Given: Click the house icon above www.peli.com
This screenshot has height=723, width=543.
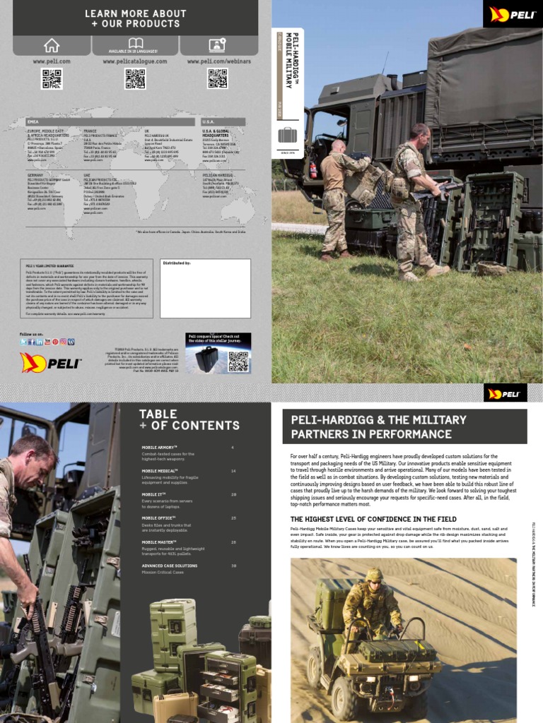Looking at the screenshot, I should click(52, 45).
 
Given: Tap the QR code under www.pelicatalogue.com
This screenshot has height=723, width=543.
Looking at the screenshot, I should click(134, 79).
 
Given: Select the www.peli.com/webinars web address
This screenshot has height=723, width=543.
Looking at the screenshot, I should click(217, 61).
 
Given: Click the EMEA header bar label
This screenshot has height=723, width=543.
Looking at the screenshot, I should click(33, 121).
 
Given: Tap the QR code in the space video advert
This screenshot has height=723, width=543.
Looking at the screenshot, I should click(238, 361).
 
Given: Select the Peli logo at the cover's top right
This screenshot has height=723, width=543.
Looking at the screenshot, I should click(512, 14).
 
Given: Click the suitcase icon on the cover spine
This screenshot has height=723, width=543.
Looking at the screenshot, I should click(287, 135).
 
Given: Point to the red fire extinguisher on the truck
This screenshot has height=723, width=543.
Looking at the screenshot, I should click(313, 170).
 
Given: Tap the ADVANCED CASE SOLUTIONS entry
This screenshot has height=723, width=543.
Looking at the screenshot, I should click(170, 566).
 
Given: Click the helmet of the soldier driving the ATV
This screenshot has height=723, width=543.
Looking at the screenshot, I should click(373, 574).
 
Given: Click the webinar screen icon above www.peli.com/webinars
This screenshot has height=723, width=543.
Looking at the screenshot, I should click(217, 45).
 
